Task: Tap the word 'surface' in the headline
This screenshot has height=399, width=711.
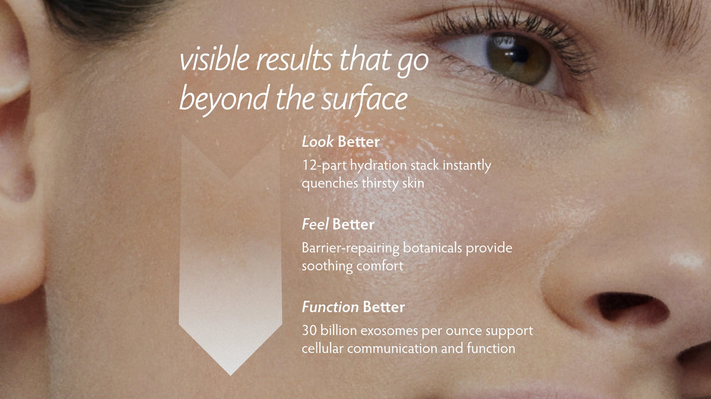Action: (364, 98)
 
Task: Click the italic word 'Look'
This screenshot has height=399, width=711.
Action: (318, 142)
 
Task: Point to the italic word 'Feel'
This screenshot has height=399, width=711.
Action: (315, 224)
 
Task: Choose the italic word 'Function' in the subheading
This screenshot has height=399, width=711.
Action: (330, 307)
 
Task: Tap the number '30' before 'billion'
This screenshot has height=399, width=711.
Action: (309, 331)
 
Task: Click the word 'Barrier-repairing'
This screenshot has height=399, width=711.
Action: (350, 248)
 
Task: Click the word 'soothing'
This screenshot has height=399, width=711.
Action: (327, 266)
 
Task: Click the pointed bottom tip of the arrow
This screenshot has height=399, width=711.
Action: (230, 375)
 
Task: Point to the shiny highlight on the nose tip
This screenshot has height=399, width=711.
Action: (686, 260)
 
